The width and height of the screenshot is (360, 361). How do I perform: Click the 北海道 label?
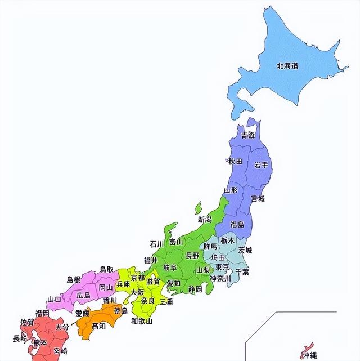tap(287, 66)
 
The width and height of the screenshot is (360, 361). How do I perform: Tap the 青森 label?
tap(247, 135)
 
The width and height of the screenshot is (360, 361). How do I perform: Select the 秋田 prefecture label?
tap(235, 161)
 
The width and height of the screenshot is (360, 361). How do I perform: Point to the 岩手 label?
tap(260, 164)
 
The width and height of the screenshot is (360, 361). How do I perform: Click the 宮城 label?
tap(258, 198)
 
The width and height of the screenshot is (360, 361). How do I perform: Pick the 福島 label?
tap(237, 224)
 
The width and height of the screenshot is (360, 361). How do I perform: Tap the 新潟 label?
tap(205, 219)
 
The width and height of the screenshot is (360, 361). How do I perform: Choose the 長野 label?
tap(192, 255)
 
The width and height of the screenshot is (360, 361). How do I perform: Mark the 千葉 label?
tap(242, 271)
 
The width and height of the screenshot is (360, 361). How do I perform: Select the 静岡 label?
tap(195, 289)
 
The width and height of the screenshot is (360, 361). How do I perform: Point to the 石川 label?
tap(156, 244)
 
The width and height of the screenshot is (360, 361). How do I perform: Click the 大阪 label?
tap(137, 292)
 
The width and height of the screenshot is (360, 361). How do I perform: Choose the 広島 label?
tap(83, 295)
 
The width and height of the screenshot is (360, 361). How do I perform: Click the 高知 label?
tap(98, 326)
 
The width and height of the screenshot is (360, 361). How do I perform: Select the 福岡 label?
tap(42, 313)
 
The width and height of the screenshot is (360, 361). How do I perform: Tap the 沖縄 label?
tap(309, 354)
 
